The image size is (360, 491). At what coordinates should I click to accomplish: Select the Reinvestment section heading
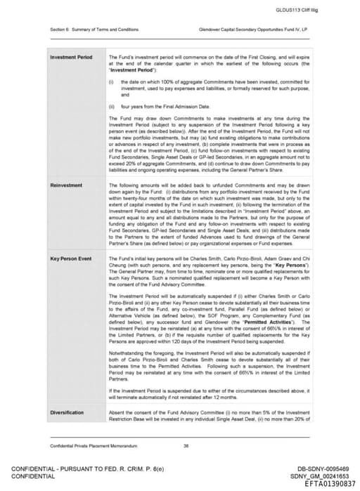pyautogui.click(x=65, y=185)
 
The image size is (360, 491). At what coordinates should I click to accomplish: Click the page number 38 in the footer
pyautogui.click(x=186, y=446)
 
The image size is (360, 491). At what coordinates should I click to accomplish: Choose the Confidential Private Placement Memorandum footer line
pyautogui.click(x=88, y=446)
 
